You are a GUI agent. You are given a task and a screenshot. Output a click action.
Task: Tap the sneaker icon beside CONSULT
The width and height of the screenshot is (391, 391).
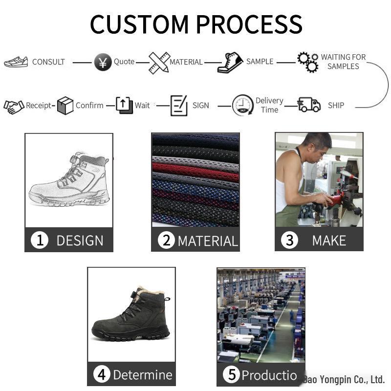16,62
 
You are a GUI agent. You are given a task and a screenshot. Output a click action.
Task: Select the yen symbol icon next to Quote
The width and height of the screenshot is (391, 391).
103,63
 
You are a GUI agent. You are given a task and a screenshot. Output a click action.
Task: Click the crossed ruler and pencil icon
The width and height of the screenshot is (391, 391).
159,62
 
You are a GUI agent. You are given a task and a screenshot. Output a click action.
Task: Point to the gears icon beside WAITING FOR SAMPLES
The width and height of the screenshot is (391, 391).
308,62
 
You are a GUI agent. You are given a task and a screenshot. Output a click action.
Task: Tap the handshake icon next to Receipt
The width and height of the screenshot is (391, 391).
14,106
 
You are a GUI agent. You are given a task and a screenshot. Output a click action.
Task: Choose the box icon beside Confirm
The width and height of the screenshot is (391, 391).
65,106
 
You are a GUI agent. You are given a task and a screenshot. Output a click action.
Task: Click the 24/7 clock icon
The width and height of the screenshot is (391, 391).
242,106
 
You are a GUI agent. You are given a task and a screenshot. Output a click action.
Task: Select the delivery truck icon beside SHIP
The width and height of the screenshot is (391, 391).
309,105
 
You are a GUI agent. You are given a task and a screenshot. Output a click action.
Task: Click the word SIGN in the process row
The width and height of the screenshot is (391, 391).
200,106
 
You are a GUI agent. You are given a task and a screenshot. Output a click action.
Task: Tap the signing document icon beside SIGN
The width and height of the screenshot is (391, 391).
179,106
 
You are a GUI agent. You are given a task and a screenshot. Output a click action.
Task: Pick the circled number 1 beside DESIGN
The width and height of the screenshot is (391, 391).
40,240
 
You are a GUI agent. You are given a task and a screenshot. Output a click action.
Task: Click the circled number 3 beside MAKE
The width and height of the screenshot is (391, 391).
289,240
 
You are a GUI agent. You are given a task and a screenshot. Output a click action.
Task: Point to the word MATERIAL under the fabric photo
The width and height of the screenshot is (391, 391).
207,241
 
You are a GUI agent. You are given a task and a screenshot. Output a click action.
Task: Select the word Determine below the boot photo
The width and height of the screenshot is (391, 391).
142,375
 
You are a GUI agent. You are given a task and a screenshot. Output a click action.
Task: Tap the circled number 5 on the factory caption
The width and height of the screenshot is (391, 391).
232,375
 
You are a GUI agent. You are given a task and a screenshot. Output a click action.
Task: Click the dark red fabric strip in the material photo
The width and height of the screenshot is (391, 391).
195,172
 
